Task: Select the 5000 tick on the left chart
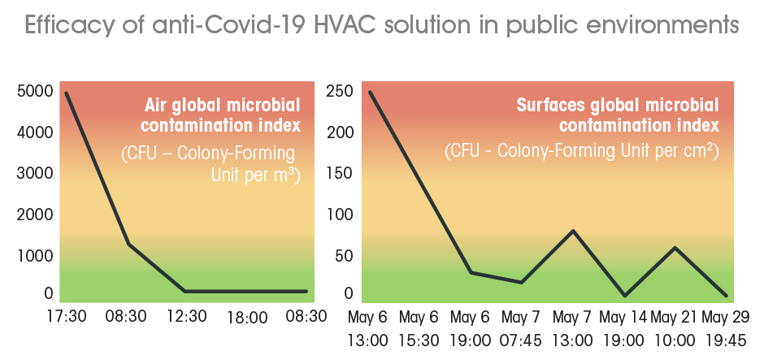pyautogui.click(x=35, y=91)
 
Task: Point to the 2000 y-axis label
pyautogui.click(x=35, y=215)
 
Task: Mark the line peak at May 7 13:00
pyautogui.click(x=574, y=231)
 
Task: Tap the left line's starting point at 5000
pyautogui.click(x=67, y=93)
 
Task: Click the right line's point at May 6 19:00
pyautogui.click(x=471, y=272)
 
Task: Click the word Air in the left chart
pyautogui.click(x=158, y=105)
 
